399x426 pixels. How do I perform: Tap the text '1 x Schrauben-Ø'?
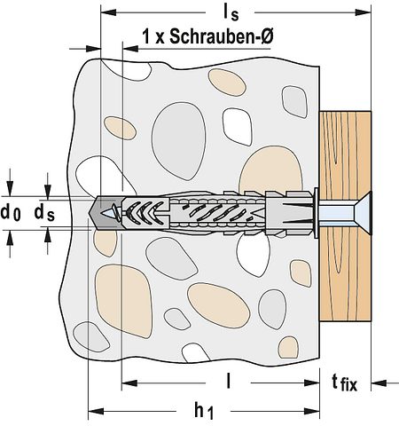(x=207, y=37)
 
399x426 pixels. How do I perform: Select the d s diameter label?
(x=43, y=212)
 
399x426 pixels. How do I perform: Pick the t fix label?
(x=345, y=383)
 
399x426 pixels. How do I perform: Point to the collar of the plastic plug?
(x=315, y=212)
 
